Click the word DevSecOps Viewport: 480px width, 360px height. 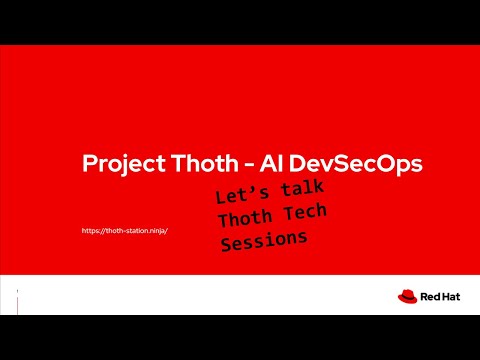click(309, 164)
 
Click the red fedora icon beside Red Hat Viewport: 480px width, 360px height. click(406, 296)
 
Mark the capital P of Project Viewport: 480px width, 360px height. click(86, 164)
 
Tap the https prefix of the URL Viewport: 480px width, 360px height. click(91, 231)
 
